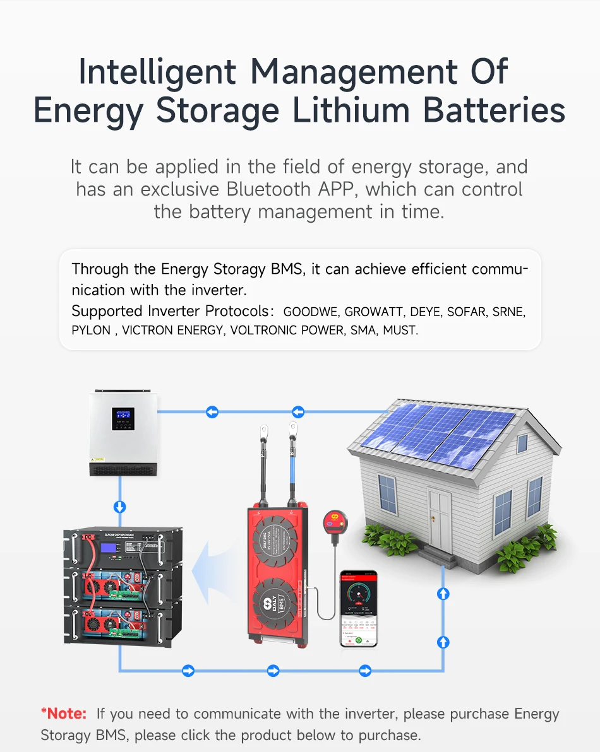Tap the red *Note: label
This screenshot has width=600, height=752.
[x=64, y=714]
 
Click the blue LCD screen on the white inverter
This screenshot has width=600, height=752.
[x=123, y=416]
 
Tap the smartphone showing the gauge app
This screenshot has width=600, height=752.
[x=358, y=608]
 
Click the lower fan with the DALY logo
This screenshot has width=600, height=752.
[x=277, y=602]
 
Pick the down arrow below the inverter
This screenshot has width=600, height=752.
[x=119, y=507]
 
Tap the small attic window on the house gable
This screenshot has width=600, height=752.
[x=522, y=443]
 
